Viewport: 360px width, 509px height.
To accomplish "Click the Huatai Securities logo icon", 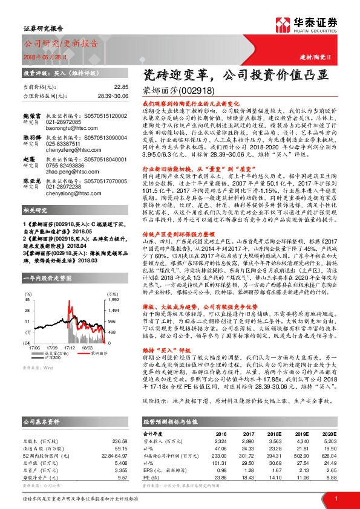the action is (x=283, y=26).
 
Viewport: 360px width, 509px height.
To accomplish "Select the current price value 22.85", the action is (x=122, y=87).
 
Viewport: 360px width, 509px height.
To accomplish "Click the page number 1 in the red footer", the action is (x=335, y=498).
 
